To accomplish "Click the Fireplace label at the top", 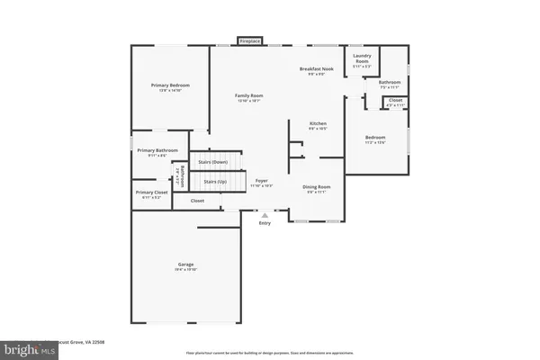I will click(x=249, y=40).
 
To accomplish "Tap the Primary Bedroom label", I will click(x=170, y=85).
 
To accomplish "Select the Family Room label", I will click(x=249, y=96).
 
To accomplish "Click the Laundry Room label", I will click(x=362, y=59).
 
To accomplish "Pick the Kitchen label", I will click(x=318, y=124).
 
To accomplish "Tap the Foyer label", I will click(x=261, y=182).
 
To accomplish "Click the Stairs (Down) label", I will click(x=212, y=162).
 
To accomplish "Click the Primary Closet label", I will click(x=151, y=193).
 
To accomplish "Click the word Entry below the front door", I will click(x=265, y=223).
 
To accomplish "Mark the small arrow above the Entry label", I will click(x=265, y=216).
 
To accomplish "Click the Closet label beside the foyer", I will click(x=197, y=201).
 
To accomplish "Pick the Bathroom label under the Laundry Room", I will click(x=390, y=83).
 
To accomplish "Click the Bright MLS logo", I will click(x=29, y=347).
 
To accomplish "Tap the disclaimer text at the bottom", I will click(x=270, y=352).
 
